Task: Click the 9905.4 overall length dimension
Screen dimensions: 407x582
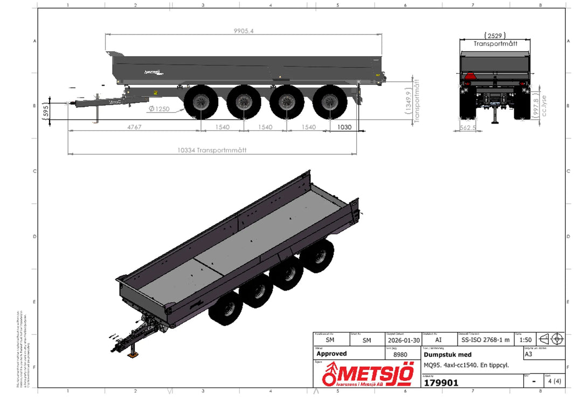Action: click(244, 31)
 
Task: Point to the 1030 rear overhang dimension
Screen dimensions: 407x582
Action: click(344, 127)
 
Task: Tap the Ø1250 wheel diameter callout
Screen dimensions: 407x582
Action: click(159, 109)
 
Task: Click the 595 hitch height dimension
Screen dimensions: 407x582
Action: click(46, 111)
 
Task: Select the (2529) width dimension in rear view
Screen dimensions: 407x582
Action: click(495, 36)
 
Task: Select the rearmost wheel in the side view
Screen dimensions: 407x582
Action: click(330, 102)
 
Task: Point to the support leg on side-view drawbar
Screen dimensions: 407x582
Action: click(97, 114)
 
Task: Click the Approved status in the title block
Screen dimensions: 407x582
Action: click(331, 354)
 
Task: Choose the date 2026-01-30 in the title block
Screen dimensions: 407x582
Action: click(401, 340)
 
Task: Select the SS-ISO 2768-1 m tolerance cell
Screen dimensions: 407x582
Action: click(485, 340)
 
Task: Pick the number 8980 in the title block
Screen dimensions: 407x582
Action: click(400, 355)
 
